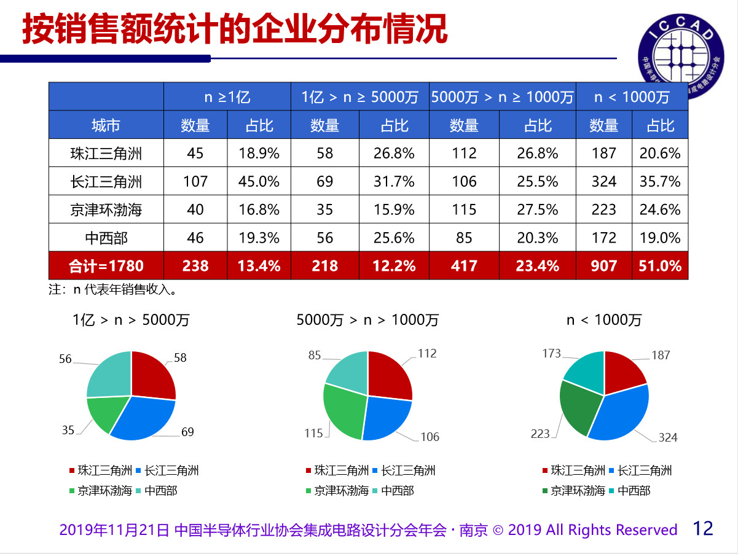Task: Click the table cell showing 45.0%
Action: (259, 181)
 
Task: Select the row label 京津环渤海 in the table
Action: (106, 209)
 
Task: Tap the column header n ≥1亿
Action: (227, 96)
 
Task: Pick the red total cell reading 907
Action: (603, 265)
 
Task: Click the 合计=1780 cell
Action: (106, 265)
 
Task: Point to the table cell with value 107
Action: (195, 181)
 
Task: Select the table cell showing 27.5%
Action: (537, 209)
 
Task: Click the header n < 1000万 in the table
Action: (631, 96)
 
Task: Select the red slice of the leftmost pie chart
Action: (151, 375)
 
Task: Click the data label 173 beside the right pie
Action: (551, 353)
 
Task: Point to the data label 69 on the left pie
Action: (187, 432)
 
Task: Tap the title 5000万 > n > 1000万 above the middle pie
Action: (367, 319)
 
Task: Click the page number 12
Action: (703, 528)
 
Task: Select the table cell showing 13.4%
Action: (259, 265)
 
